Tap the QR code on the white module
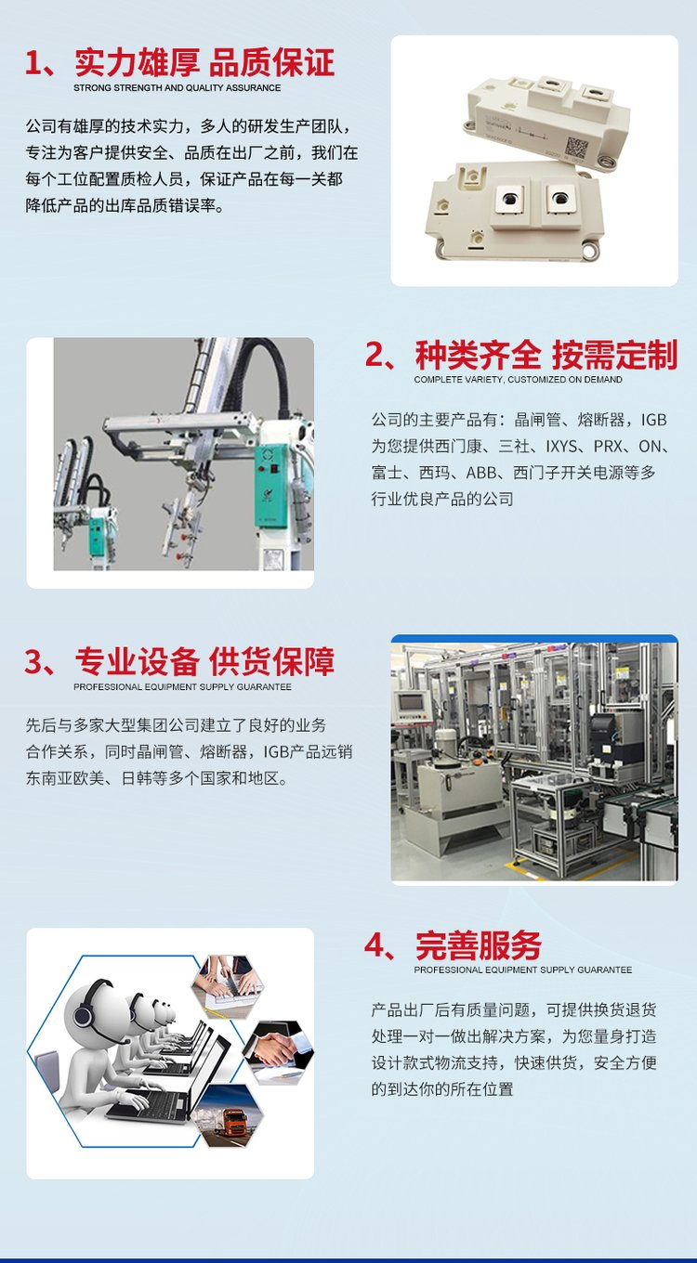click(577, 147)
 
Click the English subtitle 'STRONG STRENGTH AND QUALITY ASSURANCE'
click(178, 88)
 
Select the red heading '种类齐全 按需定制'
click(546, 355)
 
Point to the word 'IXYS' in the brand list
click(561, 446)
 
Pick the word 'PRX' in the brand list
click(607, 446)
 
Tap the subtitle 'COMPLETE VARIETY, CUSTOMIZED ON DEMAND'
click(518, 380)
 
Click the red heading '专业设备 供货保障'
click(204, 661)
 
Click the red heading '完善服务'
click(479, 945)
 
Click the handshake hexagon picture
click(278, 1052)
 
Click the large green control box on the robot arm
click(273, 486)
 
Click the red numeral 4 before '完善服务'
click(375, 945)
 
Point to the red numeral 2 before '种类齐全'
click(375, 356)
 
